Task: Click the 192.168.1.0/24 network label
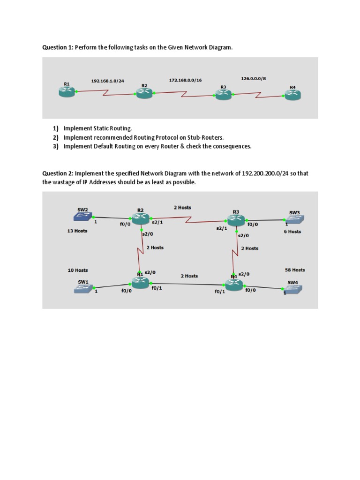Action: click(107, 81)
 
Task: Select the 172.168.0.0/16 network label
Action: click(185, 81)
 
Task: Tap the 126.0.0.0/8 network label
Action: click(253, 79)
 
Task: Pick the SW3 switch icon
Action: click(294, 219)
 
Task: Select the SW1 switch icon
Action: click(83, 289)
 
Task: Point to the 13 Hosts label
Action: click(77, 231)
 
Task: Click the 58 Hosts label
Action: click(295, 270)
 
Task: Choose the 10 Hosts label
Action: click(77, 270)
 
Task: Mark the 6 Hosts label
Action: click(292, 232)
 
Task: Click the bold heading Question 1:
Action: click(58, 48)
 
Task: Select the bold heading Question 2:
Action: click(58, 173)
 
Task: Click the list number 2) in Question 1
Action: click(56, 137)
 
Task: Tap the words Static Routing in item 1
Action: click(113, 128)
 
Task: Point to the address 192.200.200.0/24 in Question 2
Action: click(267, 173)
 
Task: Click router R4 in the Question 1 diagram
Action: click(292, 95)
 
